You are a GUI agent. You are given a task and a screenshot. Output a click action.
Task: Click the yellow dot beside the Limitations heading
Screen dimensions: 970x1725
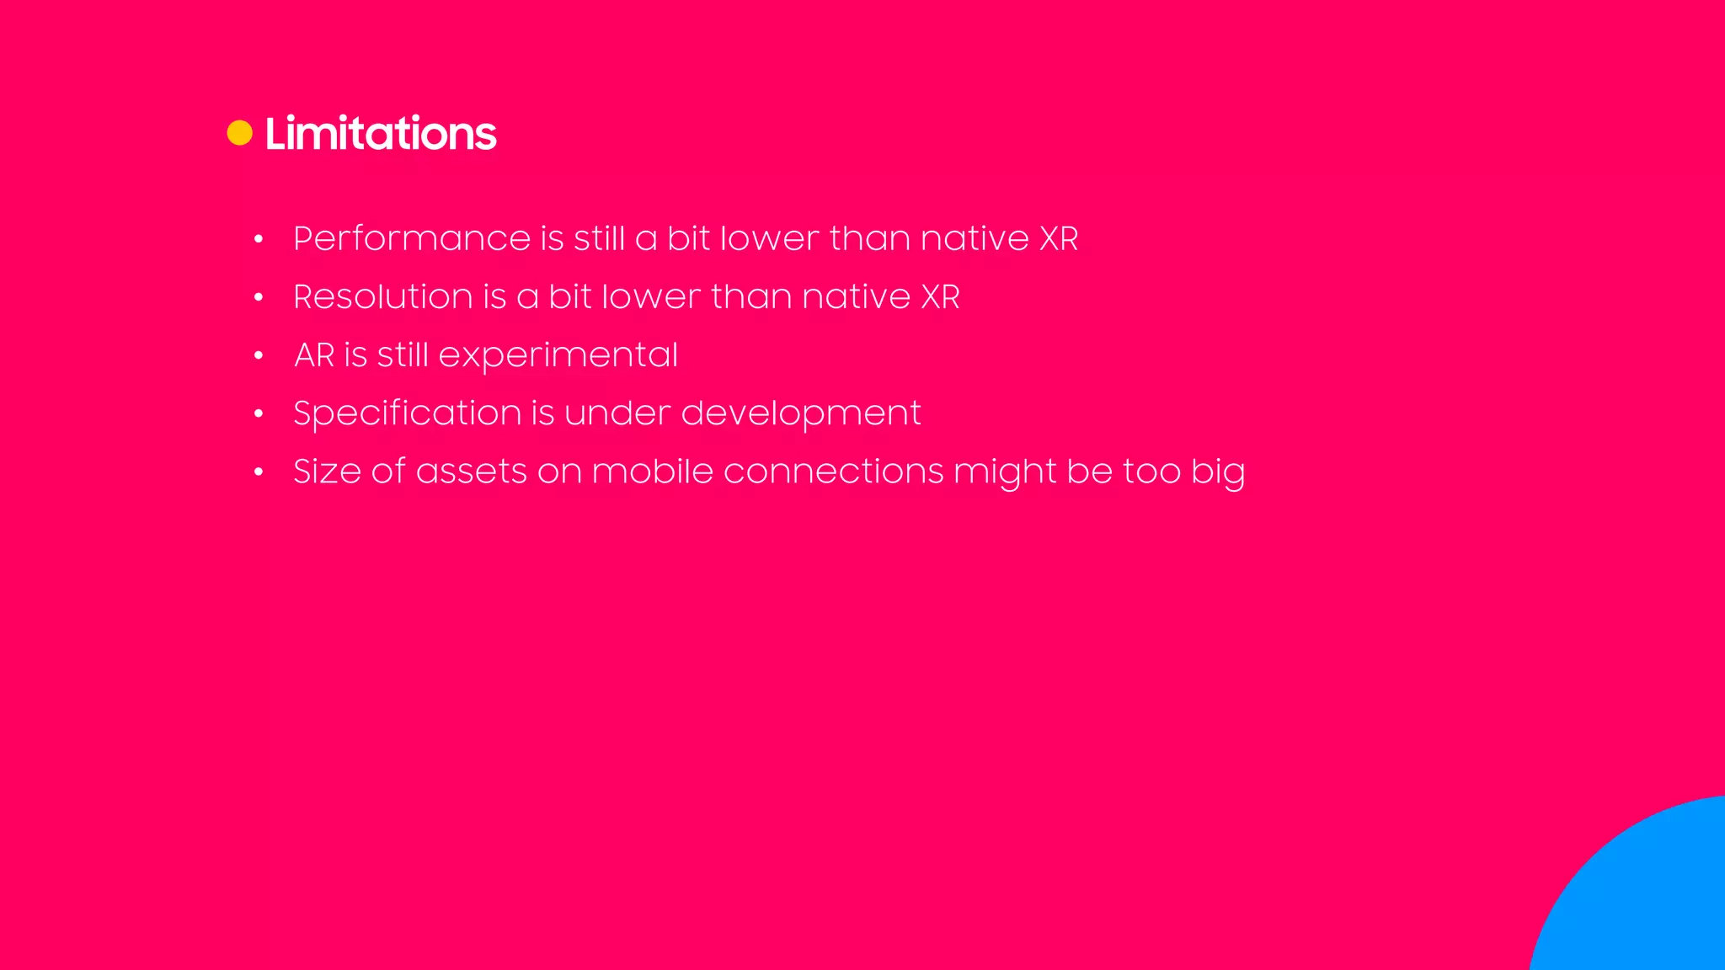[240, 133]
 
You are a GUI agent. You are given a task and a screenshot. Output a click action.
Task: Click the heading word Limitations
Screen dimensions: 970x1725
[381, 134]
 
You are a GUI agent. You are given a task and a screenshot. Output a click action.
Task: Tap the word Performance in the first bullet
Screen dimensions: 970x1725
[411, 239]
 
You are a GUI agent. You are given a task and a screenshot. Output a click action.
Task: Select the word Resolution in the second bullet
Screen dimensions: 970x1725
[383, 297]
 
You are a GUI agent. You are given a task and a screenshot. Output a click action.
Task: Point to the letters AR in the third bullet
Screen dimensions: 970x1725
[314, 355]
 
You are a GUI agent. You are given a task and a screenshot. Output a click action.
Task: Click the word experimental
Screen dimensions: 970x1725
[558, 356]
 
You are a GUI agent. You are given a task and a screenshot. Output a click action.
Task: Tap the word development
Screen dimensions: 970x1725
[800, 413]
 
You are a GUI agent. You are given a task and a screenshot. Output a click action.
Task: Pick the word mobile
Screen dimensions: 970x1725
[652, 472]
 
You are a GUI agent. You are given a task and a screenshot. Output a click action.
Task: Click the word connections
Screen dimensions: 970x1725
[833, 472]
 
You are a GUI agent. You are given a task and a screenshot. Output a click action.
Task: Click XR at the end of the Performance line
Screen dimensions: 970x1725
[1059, 239]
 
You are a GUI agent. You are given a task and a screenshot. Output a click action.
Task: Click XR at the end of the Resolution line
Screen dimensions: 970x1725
[940, 297]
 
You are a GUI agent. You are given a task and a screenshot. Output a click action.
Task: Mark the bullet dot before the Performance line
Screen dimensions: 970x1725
[259, 240]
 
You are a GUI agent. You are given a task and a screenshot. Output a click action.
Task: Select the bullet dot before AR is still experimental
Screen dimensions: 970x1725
[259, 356]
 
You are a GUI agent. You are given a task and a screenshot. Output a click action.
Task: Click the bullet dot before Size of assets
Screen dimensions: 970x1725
[259, 472]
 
